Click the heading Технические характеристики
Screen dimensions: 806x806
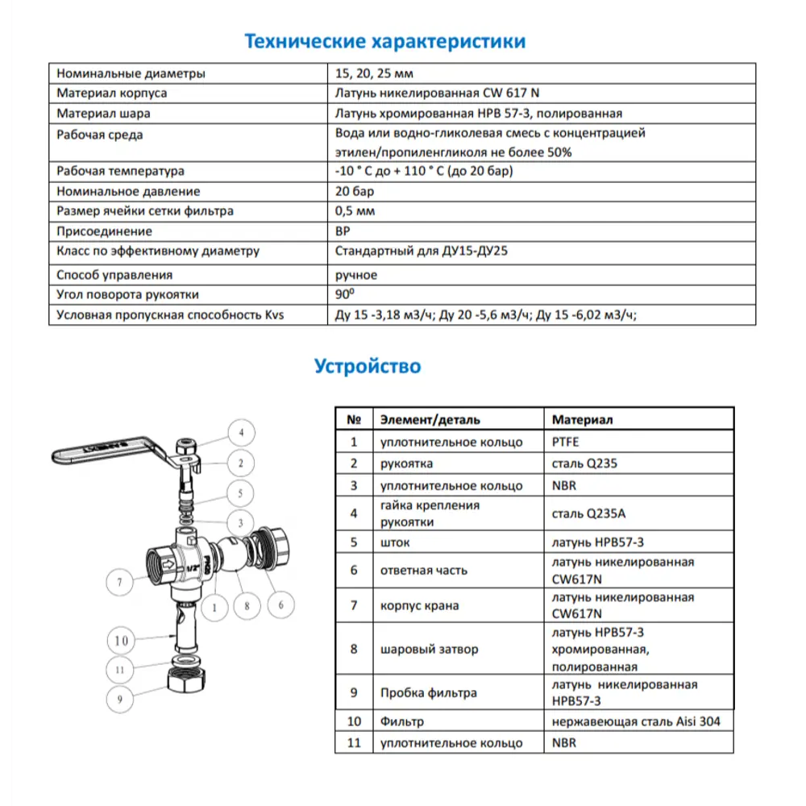[385, 41]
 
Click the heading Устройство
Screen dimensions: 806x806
[367, 367]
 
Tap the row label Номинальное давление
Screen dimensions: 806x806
[128, 192]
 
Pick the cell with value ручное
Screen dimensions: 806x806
[356, 275]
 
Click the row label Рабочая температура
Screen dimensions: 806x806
[120, 172]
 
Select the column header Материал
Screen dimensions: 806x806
[582, 420]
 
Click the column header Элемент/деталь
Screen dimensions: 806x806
[430, 420]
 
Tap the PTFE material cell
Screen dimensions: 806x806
[566, 442]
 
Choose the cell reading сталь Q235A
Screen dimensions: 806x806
[586, 513]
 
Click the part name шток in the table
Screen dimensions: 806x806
[395, 542]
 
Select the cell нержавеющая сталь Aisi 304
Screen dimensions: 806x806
[636, 721]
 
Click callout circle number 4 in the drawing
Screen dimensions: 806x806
[239, 434]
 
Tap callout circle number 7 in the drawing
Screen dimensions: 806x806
[118, 581]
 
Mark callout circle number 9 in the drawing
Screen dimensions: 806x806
[119, 700]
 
